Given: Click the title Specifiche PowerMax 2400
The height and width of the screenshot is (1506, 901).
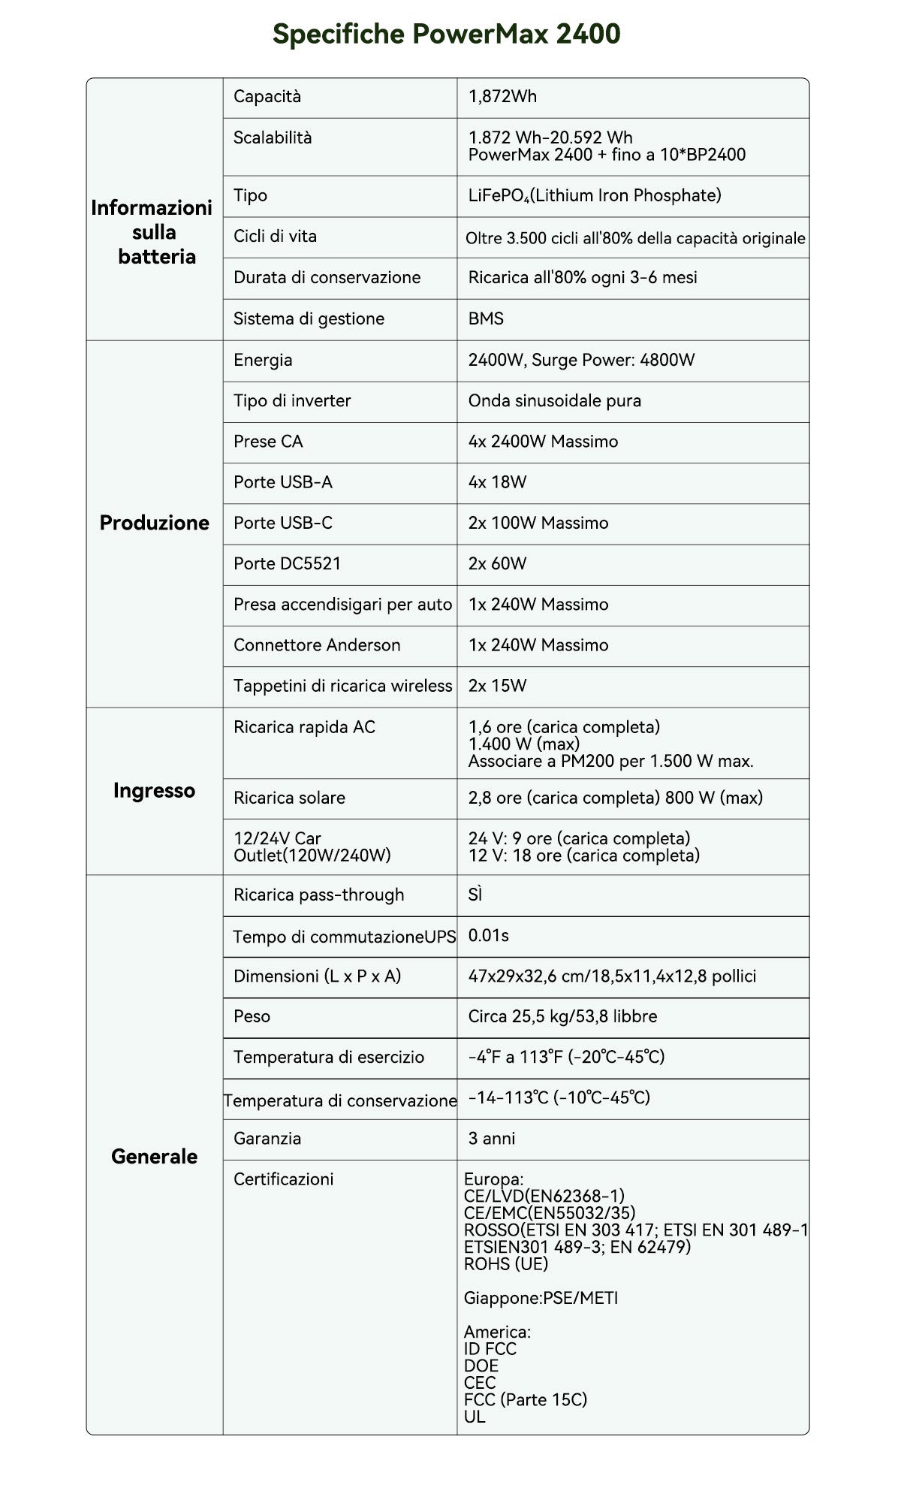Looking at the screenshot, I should tap(446, 34).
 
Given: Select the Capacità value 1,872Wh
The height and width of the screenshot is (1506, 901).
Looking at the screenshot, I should tap(502, 97).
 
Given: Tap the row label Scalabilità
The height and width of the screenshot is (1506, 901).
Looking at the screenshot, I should tap(272, 138).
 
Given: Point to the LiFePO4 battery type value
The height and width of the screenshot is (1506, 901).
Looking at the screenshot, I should tap(594, 196).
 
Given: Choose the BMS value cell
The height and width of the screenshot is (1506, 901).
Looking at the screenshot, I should tap(486, 319).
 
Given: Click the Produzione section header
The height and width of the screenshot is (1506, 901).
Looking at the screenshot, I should tap(154, 524).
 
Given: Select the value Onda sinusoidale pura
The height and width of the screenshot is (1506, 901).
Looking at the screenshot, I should tap(554, 401).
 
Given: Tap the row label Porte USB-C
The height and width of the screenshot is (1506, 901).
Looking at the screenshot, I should tap(282, 524).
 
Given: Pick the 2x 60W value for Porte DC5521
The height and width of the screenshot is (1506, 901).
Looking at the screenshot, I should tap(497, 564).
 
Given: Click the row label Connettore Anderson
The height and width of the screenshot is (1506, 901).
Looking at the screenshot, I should tap(317, 645).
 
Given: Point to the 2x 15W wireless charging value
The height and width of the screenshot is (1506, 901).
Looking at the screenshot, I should tap(497, 686).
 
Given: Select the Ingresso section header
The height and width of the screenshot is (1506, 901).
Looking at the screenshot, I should tap(154, 791).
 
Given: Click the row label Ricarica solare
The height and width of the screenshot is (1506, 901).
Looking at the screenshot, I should tap(289, 798).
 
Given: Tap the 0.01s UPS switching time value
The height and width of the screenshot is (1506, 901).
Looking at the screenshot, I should tap(488, 936).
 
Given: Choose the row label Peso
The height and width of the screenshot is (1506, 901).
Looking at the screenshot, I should tap(252, 1017).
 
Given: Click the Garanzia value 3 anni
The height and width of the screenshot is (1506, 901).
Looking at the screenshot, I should tap(492, 1139).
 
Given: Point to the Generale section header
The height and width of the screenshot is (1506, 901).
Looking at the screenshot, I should tap(154, 1157).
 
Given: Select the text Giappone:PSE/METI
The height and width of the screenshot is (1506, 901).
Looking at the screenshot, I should tap(541, 1298).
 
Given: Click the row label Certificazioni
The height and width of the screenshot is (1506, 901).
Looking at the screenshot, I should tap(283, 1179).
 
